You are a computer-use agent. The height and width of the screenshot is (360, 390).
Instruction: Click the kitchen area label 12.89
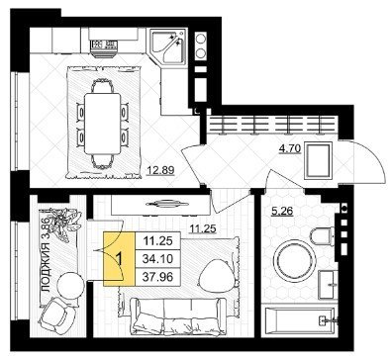(160, 170)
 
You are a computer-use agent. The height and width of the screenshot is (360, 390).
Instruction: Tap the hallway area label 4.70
(290, 149)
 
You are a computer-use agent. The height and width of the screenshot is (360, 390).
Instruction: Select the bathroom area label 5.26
(282, 211)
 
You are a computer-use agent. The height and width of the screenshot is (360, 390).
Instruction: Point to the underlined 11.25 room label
(202, 228)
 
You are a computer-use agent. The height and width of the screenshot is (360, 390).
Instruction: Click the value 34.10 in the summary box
(157, 259)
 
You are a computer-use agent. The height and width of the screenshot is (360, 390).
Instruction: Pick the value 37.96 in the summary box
(157, 277)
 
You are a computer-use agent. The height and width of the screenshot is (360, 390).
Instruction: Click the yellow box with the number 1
(119, 259)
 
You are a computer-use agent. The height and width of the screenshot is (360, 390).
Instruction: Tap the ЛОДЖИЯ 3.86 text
(47, 255)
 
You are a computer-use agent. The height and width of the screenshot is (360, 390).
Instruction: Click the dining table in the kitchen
(103, 124)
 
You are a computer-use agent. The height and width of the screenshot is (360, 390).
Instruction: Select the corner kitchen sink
(168, 45)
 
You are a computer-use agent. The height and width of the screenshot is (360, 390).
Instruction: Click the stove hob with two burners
(200, 46)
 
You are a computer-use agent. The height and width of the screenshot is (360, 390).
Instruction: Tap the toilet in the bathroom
(321, 234)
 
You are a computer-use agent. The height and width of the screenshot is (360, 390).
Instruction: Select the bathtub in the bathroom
(300, 320)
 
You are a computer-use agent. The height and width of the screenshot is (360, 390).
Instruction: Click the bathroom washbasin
(328, 285)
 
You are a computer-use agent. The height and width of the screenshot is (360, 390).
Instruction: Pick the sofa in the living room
(178, 315)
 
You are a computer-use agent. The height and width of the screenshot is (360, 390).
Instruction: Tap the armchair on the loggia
(57, 315)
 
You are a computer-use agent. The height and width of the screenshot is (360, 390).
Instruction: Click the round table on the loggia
(70, 285)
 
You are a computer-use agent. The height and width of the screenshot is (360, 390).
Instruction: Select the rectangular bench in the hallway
(319, 160)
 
